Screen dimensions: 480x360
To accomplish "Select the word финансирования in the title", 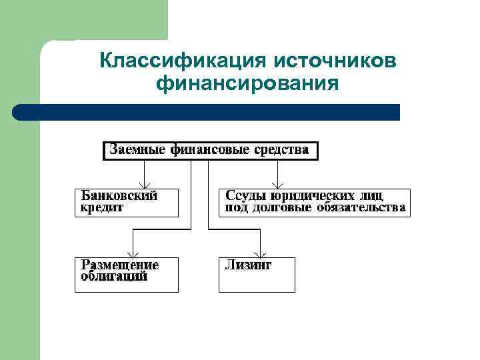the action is pyautogui.click(x=248, y=85).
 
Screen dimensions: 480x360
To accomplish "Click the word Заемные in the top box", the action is pyautogui.click(x=137, y=149).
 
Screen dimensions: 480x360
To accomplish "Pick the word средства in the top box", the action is pyautogui.click(x=281, y=149).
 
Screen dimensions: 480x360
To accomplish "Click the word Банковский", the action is pyautogui.click(x=119, y=196).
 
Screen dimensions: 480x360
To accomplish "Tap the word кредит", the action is pyautogui.click(x=103, y=207).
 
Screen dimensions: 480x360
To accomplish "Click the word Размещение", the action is pyautogui.click(x=120, y=265).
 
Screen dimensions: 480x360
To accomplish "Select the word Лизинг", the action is pyautogui.click(x=249, y=265).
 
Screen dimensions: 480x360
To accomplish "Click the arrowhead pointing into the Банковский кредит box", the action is pyautogui.click(x=143, y=185).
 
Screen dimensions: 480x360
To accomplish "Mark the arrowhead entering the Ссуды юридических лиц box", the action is pyautogui.click(x=277, y=185).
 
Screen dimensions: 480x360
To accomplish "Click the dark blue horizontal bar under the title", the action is pyautogui.click(x=207, y=112).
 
